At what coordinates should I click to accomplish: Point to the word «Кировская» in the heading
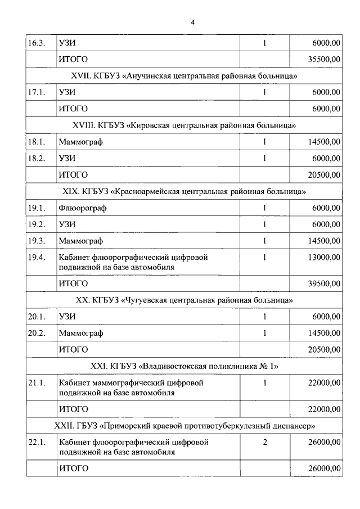[148, 125]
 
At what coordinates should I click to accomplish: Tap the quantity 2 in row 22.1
[264, 442]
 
